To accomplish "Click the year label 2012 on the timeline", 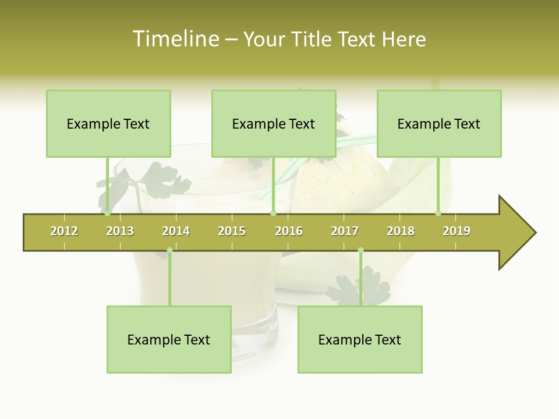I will click(64, 231).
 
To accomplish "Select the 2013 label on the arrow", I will click(120, 231).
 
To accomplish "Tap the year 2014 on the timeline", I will click(176, 231).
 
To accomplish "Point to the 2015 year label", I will click(232, 231).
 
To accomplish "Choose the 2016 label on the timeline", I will click(289, 231).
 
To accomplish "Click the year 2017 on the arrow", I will click(345, 231).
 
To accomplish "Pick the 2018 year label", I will click(401, 231).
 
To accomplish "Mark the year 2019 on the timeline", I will click(457, 231).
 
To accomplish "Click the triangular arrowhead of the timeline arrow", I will click(515, 233).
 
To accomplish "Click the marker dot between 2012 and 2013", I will click(107, 214).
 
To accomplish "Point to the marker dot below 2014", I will click(169, 250).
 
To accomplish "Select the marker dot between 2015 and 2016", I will click(273, 214).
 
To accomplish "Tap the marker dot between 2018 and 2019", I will click(438, 214).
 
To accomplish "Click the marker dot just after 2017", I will click(360, 250).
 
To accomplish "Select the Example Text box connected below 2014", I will click(169, 339).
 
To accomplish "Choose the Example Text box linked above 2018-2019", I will click(439, 123).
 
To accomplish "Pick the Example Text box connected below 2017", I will click(360, 339).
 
